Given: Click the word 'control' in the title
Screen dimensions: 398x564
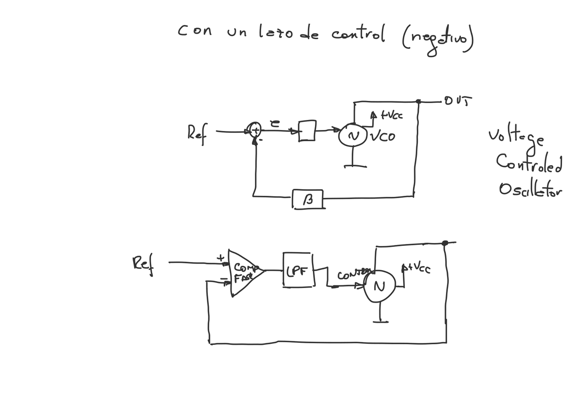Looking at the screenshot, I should [358, 34].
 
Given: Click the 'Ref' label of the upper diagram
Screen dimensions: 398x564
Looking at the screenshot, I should [197, 134].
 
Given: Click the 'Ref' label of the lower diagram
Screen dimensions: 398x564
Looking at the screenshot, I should [143, 263].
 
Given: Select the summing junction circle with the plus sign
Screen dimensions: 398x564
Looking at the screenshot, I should [255, 130].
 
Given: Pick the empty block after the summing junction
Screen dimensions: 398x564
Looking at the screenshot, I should [307, 130].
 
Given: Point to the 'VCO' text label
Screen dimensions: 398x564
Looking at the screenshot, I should [383, 136].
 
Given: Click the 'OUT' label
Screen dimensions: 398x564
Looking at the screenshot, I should [457, 101].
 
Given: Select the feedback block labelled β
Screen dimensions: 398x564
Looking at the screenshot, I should [307, 199].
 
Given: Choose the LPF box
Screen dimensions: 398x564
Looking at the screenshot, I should [298, 270].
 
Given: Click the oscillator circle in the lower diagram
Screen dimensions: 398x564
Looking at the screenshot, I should [379, 286].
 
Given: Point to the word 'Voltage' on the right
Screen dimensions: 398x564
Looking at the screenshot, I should [516, 137].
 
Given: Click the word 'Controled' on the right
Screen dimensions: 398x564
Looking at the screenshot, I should [529, 163].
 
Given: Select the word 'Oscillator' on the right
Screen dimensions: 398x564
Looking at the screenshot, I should [530, 189].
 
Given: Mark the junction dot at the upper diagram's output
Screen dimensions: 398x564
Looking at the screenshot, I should [418, 101].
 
